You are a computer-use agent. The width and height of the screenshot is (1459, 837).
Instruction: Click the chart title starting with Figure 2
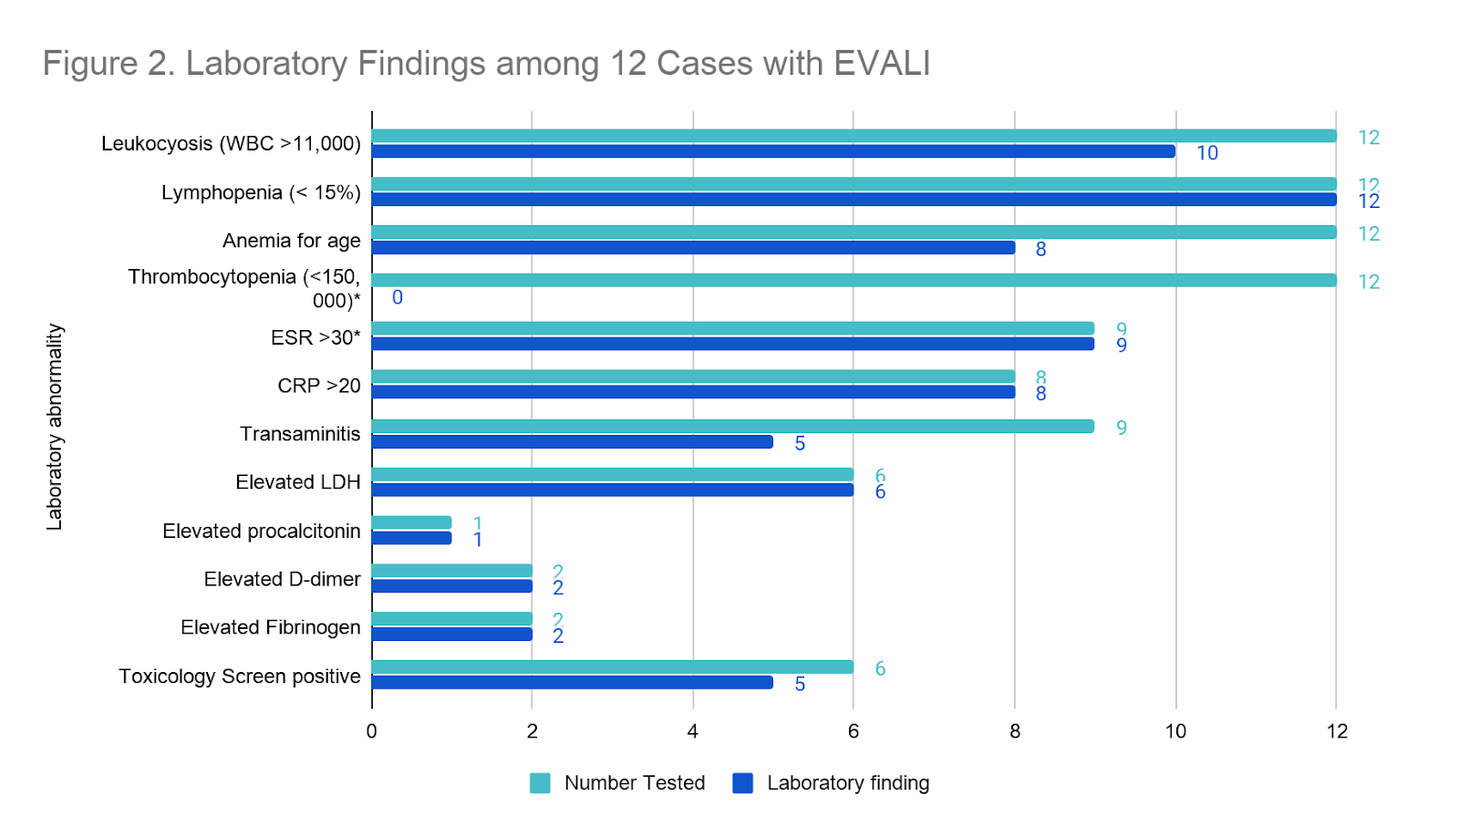tap(486, 64)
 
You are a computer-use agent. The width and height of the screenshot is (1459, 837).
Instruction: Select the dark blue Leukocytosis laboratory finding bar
tap(773, 151)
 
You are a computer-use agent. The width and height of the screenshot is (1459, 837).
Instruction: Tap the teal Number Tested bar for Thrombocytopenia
tap(854, 280)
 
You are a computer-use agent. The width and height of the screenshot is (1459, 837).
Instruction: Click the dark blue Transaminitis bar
tap(572, 442)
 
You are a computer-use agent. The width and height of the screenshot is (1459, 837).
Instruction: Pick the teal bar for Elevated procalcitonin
tap(411, 522)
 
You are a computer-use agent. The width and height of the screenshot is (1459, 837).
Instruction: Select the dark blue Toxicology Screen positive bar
tap(572, 682)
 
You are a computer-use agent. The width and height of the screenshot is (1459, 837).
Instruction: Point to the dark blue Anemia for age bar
tap(693, 248)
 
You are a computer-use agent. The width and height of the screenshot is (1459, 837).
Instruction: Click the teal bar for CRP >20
tap(693, 377)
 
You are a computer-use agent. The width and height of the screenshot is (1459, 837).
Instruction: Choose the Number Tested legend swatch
tap(540, 783)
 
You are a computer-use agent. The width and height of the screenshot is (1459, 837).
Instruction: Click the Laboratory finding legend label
tap(848, 783)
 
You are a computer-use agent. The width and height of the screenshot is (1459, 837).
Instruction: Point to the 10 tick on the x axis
tap(1175, 731)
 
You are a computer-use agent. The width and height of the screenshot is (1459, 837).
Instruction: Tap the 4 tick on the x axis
tap(693, 731)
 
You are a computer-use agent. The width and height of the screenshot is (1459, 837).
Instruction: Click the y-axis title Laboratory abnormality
tap(55, 427)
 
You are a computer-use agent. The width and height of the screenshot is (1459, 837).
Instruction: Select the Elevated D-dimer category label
tap(282, 579)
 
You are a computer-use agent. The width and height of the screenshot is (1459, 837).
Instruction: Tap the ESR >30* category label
tap(316, 337)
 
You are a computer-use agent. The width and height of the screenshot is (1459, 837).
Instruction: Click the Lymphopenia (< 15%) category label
tap(261, 192)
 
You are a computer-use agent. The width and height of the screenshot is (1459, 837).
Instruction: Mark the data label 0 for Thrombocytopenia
tap(398, 297)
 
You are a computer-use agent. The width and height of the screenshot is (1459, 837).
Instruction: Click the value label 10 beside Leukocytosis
tap(1207, 153)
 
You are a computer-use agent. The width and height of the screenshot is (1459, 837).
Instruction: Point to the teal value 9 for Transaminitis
tap(1122, 428)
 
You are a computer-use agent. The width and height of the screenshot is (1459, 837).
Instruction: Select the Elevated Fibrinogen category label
tap(270, 627)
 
